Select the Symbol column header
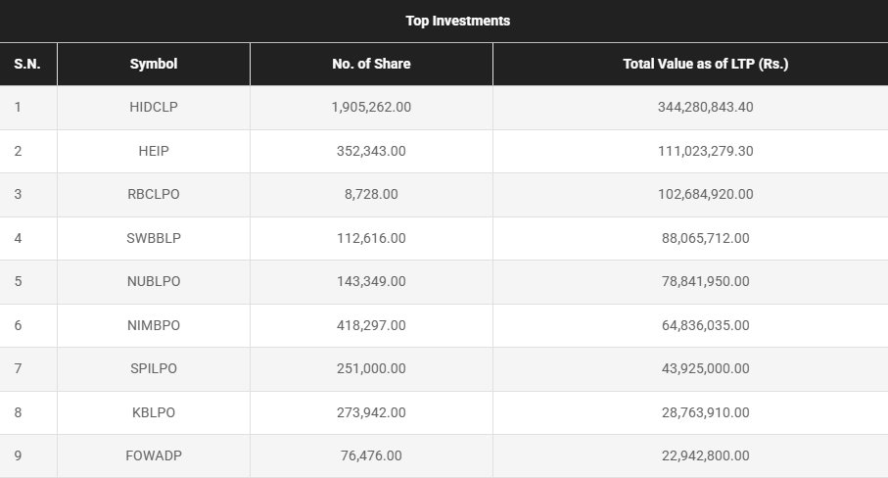coord(154,64)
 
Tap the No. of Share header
coord(371,64)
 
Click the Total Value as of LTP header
coord(705,64)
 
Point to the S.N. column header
coord(26,64)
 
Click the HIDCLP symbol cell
coord(154,108)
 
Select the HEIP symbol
coord(154,151)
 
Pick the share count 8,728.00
coord(371,194)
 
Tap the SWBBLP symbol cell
coord(154,238)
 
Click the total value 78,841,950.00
coord(705,281)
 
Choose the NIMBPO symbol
coord(154,325)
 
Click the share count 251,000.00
coord(371,368)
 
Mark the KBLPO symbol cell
coord(154,412)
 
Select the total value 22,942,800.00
coord(705,455)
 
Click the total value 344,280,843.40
coord(705,108)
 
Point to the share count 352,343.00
coord(371,151)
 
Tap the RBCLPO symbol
coord(154,194)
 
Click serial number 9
coord(18,455)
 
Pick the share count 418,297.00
coord(371,325)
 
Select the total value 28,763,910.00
coord(705,412)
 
